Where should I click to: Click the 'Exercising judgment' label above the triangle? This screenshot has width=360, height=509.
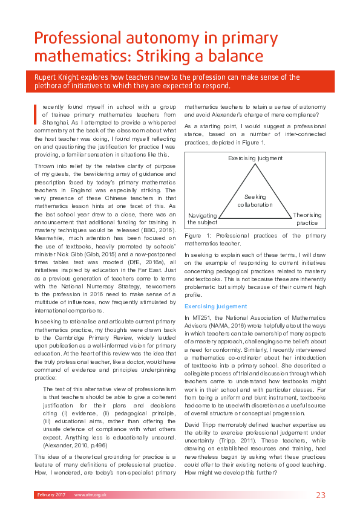[x=255, y=158]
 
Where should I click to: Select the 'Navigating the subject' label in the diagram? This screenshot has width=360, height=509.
[x=203, y=219]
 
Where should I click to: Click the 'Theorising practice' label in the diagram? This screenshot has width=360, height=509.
[x=307, y=219]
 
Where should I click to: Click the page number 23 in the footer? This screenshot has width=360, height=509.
[x=321, y=495]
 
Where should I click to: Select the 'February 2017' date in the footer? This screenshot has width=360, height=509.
[x=50, y=495]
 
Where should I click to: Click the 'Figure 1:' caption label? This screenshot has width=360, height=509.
[x=198, y=236]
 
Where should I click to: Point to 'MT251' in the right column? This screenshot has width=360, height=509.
[x=200, y=317]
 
